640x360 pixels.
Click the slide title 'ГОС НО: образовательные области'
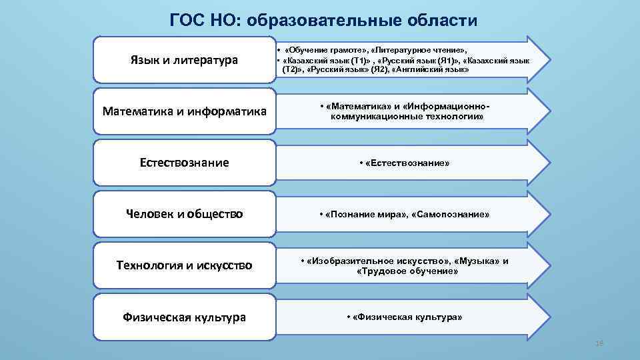pos(323,20)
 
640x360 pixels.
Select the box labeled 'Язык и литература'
pos(184,60)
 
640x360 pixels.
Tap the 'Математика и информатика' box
pos(184,111)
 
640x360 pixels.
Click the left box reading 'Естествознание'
pos(184,163)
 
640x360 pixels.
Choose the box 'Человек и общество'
pos(184,214)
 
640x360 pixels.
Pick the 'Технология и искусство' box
pos(184,265)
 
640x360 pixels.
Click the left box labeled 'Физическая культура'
pos(184,317)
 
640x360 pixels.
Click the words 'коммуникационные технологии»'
pos(407,117)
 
